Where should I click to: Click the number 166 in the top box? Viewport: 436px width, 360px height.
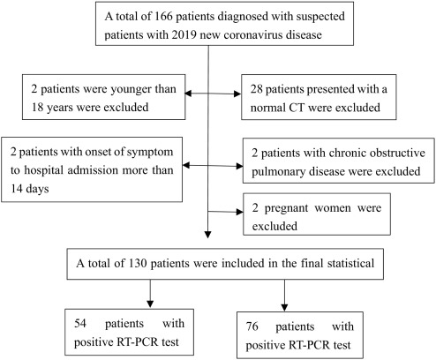[163, 16]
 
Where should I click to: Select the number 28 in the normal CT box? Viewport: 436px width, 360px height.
[257, 89]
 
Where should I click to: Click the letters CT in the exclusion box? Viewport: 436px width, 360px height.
[297, 108]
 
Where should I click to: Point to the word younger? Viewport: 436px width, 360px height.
[131, 89]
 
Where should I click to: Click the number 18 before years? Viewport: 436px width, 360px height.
[37, 108]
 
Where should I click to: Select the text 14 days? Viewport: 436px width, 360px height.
[30, 188]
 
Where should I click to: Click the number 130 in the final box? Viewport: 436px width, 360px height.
[138, 263]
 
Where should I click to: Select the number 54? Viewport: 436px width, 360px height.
[80, 323]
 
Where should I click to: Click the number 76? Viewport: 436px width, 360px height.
[252, 326]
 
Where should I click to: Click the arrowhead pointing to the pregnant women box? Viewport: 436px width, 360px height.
[240, 212]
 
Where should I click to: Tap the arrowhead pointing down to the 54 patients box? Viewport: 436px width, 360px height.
[150, 304]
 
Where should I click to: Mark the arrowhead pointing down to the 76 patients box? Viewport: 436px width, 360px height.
[284, 307]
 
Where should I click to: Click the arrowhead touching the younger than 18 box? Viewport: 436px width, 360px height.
[189, 94]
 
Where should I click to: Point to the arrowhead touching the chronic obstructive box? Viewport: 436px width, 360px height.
[239, 166]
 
